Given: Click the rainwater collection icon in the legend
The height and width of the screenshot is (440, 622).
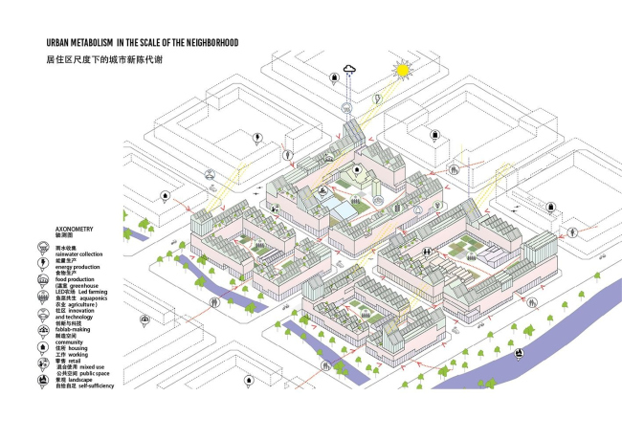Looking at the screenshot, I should coord(44,248).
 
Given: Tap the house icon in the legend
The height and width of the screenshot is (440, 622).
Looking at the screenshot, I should coord(44,345).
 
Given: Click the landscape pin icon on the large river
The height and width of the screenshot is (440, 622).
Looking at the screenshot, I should coord(518,355).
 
